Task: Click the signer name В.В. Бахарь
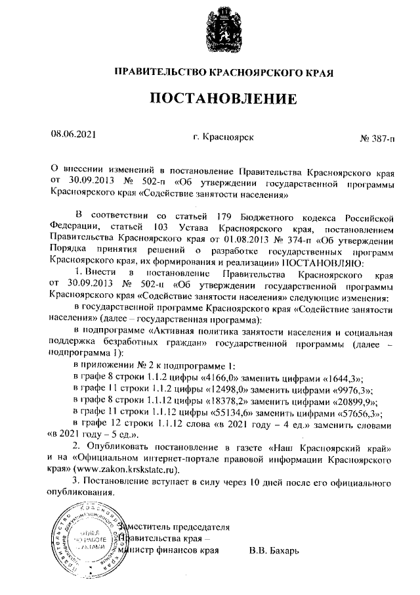coord(274,549)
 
